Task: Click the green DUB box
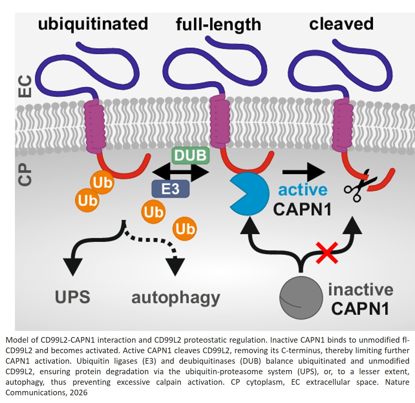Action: coord(191,155)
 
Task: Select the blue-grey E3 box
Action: coord(171,189)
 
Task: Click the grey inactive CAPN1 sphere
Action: coord(301,298)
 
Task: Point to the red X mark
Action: coord(327,253)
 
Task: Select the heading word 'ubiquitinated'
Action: coord(93,24)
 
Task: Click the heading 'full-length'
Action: coord(218,25)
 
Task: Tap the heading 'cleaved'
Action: coord(341,24)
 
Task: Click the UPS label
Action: coord(73,297)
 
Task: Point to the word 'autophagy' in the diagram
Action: coord(176,298)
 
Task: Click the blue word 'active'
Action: coord(303,190)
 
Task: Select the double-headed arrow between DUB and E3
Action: coord(180,172)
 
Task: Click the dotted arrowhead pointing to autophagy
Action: coord(175,266)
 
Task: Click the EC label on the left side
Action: coord(25,86)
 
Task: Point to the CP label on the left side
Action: coord(25,174)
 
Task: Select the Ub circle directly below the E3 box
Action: coord(153,212)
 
